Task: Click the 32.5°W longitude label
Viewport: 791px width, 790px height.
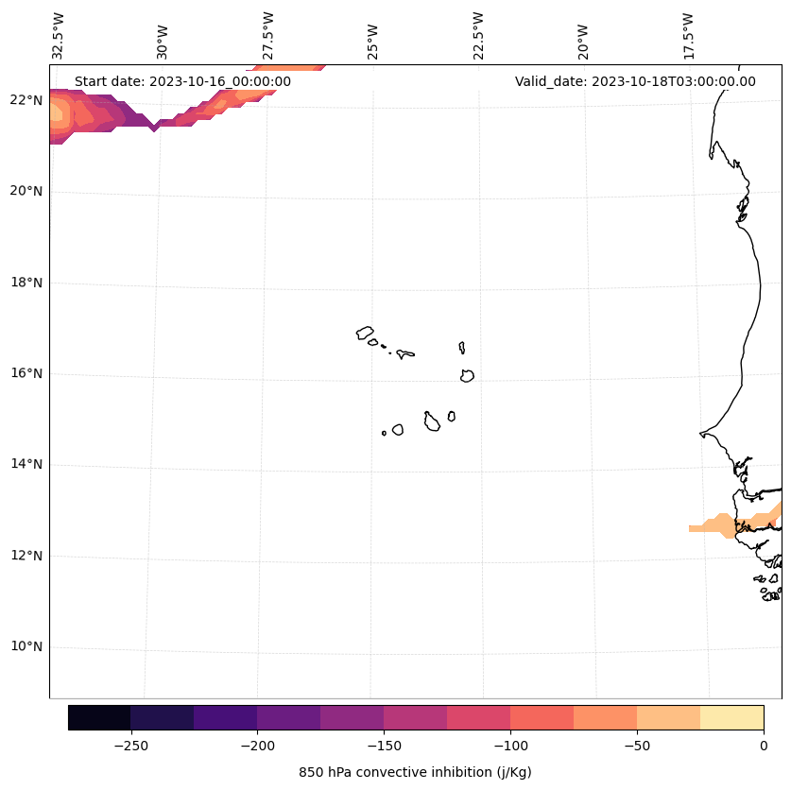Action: pyautogui.click(x=60, y=35)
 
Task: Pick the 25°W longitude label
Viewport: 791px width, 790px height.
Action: pyautogui.click(x=373, y=41)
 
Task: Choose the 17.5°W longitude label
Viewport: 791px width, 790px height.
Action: pyautogui.click(x=688, y=35)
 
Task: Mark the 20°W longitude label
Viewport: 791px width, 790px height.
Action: pyautogui.click(x=583, y=41)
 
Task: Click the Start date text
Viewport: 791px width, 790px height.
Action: pyautogui.click(x=182, y=81)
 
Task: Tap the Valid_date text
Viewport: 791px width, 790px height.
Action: pyautogui.click(x=635, y=81)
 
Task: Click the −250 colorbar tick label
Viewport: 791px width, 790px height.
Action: pyautogui.click(x=130, y=746)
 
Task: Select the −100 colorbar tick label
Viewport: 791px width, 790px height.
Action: pyautogui.click(x=510, y=746)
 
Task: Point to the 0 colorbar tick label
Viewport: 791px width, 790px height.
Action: pyautogui.click(x=764, y=746)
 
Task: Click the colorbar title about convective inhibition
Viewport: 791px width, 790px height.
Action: pyautogui.click(x=415, y=772)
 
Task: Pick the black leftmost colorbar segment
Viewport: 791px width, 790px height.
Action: pyautogui.click(x=99, y=717)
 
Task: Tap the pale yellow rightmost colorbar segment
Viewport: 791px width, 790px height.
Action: pyautogui.click(x=731, y=717)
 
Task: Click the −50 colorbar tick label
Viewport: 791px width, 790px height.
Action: pyautogui.click(x=637, y=746)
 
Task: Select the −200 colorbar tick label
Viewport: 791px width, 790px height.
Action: pyautogui.click(x=257, y=746)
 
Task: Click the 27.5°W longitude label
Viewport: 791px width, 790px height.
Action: pyautogui.click(x=268, y=35)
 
